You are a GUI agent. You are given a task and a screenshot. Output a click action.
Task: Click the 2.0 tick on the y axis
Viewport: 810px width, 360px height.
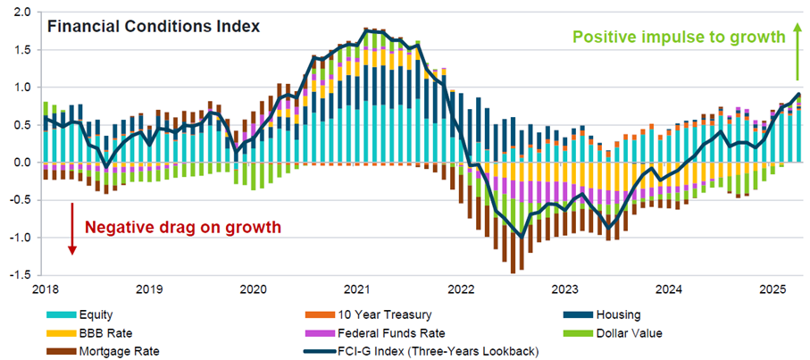point(21,13)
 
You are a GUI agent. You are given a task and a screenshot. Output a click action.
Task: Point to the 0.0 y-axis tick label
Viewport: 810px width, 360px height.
point(21,163)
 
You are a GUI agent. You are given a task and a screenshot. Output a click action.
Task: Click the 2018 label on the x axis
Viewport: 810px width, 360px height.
point(45,289)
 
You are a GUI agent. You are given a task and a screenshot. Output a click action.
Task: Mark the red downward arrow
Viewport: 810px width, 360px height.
point(72,228)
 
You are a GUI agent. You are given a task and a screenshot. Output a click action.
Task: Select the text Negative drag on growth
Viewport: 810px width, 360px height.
point(182,227)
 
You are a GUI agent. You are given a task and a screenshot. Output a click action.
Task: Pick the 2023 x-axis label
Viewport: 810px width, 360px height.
point(564,289)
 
